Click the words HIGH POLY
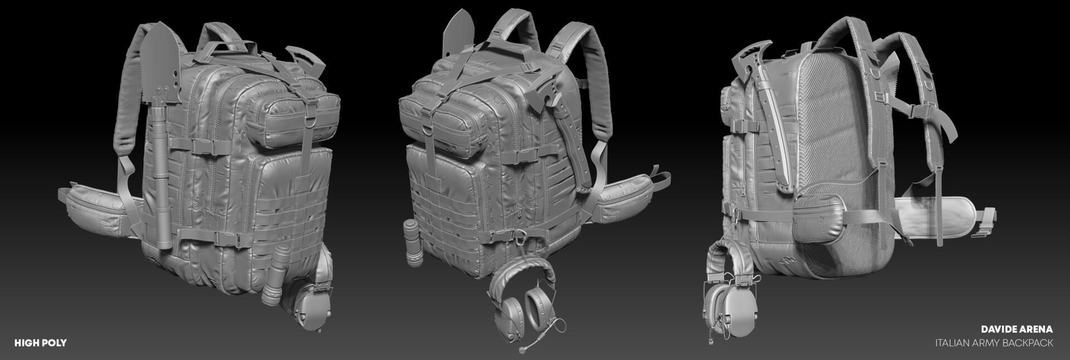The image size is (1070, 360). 40,343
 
